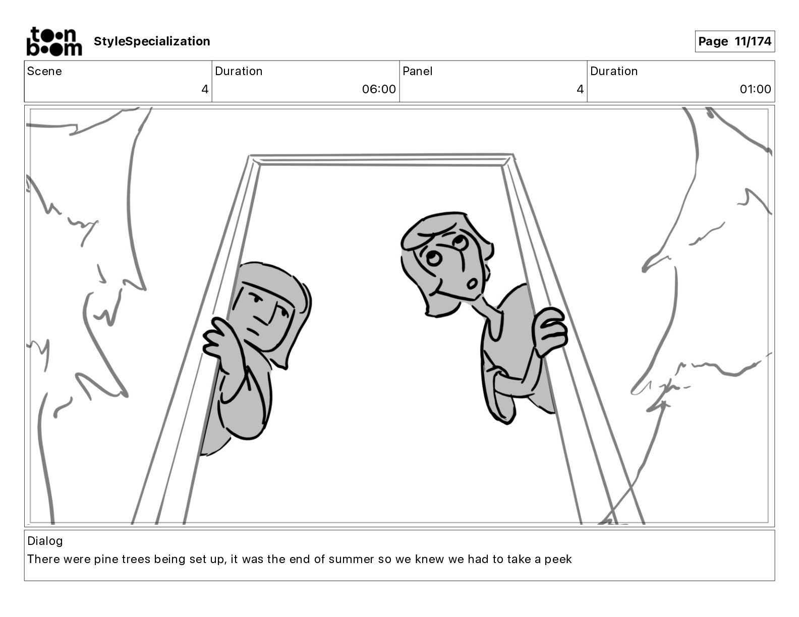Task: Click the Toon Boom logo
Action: pyautogui.click(x=54, y=41)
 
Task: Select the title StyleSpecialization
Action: pyautogui.click(x=152, y=41)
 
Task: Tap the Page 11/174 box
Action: pyautogui.click(x=734, y=41)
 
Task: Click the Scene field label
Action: pyautogui.click(x=44, y=71)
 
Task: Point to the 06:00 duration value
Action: pyautogui.click(x=379, y=89)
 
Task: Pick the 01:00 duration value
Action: pyautogui.click(x=755, y=89)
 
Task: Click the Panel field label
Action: pyautogui.click(x=418, y=71)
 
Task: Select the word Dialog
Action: pyautogui.click(x=45, y=541)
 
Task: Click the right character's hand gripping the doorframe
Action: pyautogui.click(x=551, y=330)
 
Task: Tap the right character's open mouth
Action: pyautogui.click(x=473, y=284)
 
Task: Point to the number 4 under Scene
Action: pyautogui.click(x=205, y=89)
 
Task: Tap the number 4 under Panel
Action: pyautogui.click(x=580, y=89)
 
